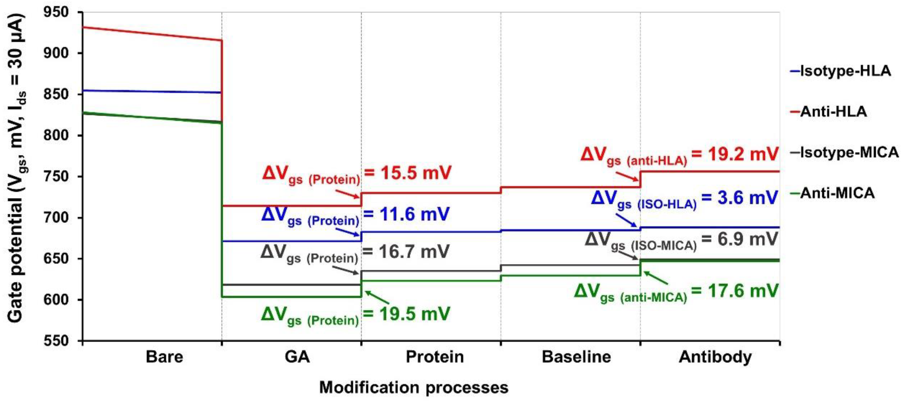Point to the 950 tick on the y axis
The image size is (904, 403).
[56, 13]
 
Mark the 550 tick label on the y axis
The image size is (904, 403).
[56, 341]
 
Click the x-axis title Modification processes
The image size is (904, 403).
[414, 387]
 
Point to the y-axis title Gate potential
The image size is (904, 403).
[16, 168]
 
